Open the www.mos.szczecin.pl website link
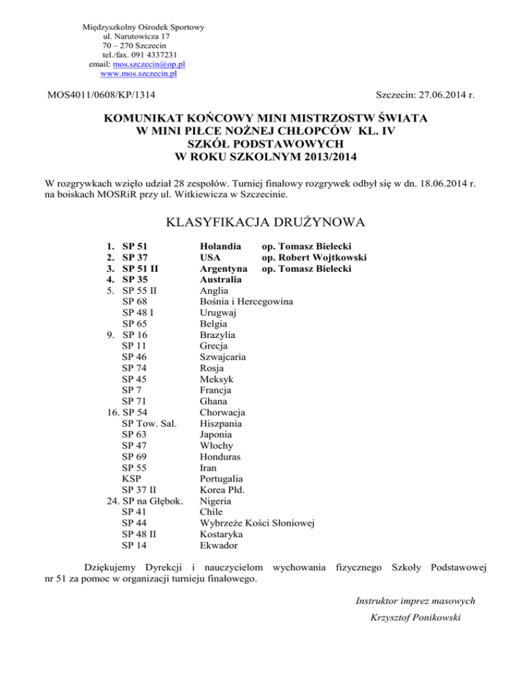tap(139, 73)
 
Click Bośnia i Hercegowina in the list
tap(247, 301)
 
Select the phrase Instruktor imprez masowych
tap(415, 601)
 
